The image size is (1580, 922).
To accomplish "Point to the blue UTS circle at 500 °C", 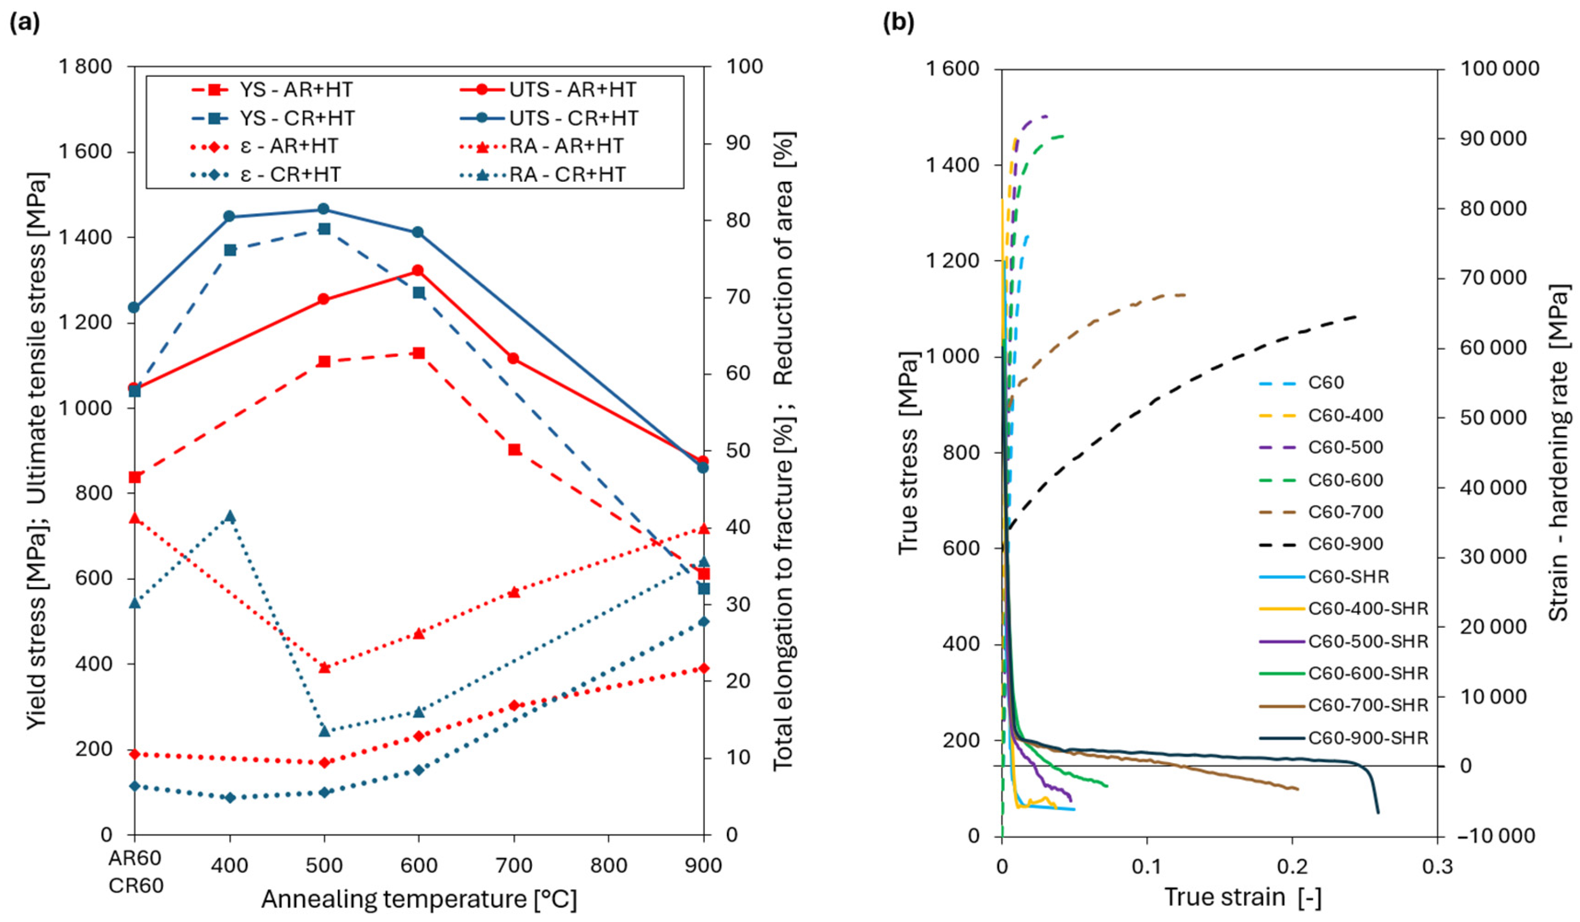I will (324, 209).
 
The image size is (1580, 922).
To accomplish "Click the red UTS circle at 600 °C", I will (417, 271).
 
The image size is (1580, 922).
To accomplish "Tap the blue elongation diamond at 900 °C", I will (703, 622).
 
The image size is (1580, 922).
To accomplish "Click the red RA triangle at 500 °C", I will (324, 667).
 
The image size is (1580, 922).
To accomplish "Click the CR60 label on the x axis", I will (135, 886).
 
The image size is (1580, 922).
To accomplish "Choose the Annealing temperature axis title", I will (419, 900).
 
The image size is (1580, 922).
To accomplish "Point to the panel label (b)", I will (899, 22).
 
